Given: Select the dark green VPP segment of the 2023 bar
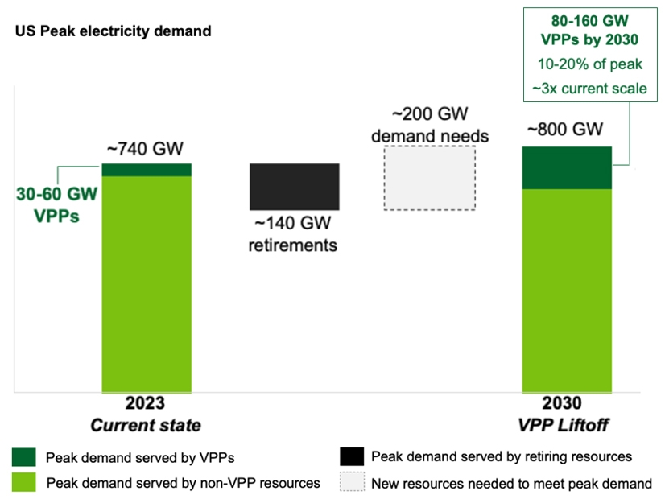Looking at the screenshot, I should (x=147, y=169).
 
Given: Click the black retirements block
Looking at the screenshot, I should (x=295, y=187).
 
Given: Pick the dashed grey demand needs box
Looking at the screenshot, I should (x=429, y=178).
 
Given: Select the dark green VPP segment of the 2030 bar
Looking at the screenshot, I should (x=568, y=167).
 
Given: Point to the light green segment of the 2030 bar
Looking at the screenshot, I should (x=568, y=290).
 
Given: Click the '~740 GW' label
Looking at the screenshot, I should (x=146, y=149).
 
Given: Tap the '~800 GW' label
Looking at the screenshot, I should (x=566, y=130).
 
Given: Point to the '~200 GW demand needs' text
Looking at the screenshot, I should (x=429, y=125).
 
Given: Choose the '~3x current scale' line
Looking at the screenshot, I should (x=589, y=89).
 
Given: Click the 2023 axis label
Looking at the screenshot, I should (x=145, y=404).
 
